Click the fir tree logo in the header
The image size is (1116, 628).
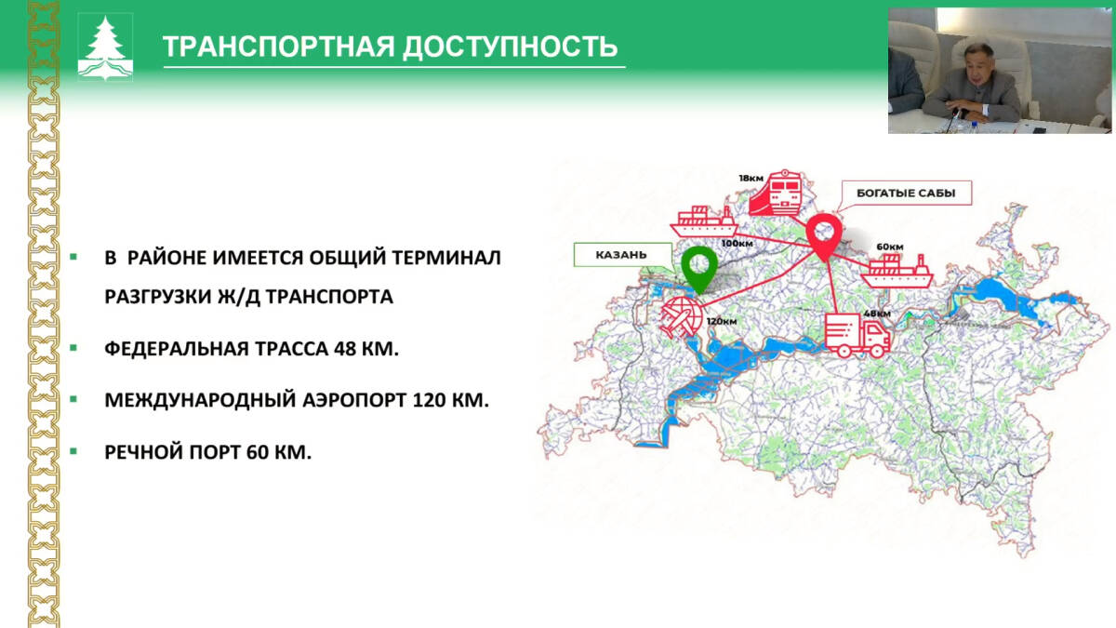(105, 47)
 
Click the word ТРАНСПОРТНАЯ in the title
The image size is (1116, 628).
(279, 47)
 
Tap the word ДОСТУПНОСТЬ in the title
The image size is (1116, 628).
(511, 47)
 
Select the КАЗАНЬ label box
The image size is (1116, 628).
(623, 255)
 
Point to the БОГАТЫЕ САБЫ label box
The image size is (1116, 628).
(906, 193)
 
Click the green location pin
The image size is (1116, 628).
(699, 269)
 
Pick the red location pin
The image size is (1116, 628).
(825, 236)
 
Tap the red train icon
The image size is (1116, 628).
(777, 193)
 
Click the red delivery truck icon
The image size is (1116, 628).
(857, 335)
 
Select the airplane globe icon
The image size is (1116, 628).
(682, 317)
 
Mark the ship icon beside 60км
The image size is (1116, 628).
(897, 271)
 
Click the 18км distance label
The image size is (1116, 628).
(751, 178)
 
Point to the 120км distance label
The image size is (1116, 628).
(722, 322)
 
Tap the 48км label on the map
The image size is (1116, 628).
(877, 314)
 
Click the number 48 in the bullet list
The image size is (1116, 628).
(345, 349)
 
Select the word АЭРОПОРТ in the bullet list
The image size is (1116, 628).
(354, 400)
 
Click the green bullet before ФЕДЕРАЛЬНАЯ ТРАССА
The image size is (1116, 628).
(73, 348)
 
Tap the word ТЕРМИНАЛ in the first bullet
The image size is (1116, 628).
(446, 258)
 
